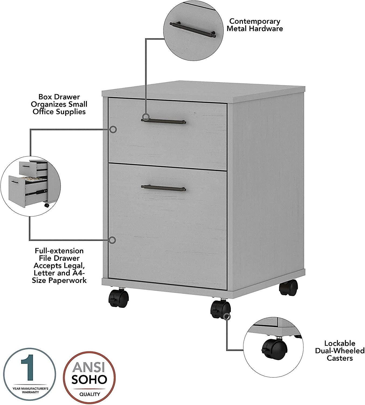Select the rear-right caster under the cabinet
pyautogui.click(x=288, y=287)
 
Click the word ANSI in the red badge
pyautogui.click(x=89, y=367)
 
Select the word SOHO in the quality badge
pyautogui.click(x=89, y=379)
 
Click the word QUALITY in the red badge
pyautogui.click(x=90, y=394)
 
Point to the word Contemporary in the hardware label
pyautogui.click(x=255, y=21)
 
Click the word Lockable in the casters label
pyautogui.click(x=339, y=343)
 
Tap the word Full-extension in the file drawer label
pyautogui.click(x=59, y=251)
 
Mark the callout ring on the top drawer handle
pyautogui.click(x=146, y=117)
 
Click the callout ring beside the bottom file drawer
pyautogui.click(x=113, y=240)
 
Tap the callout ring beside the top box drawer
pyautogui.click(x=113, y=130)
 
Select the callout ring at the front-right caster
pyautogui.click(x=227, y=316)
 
